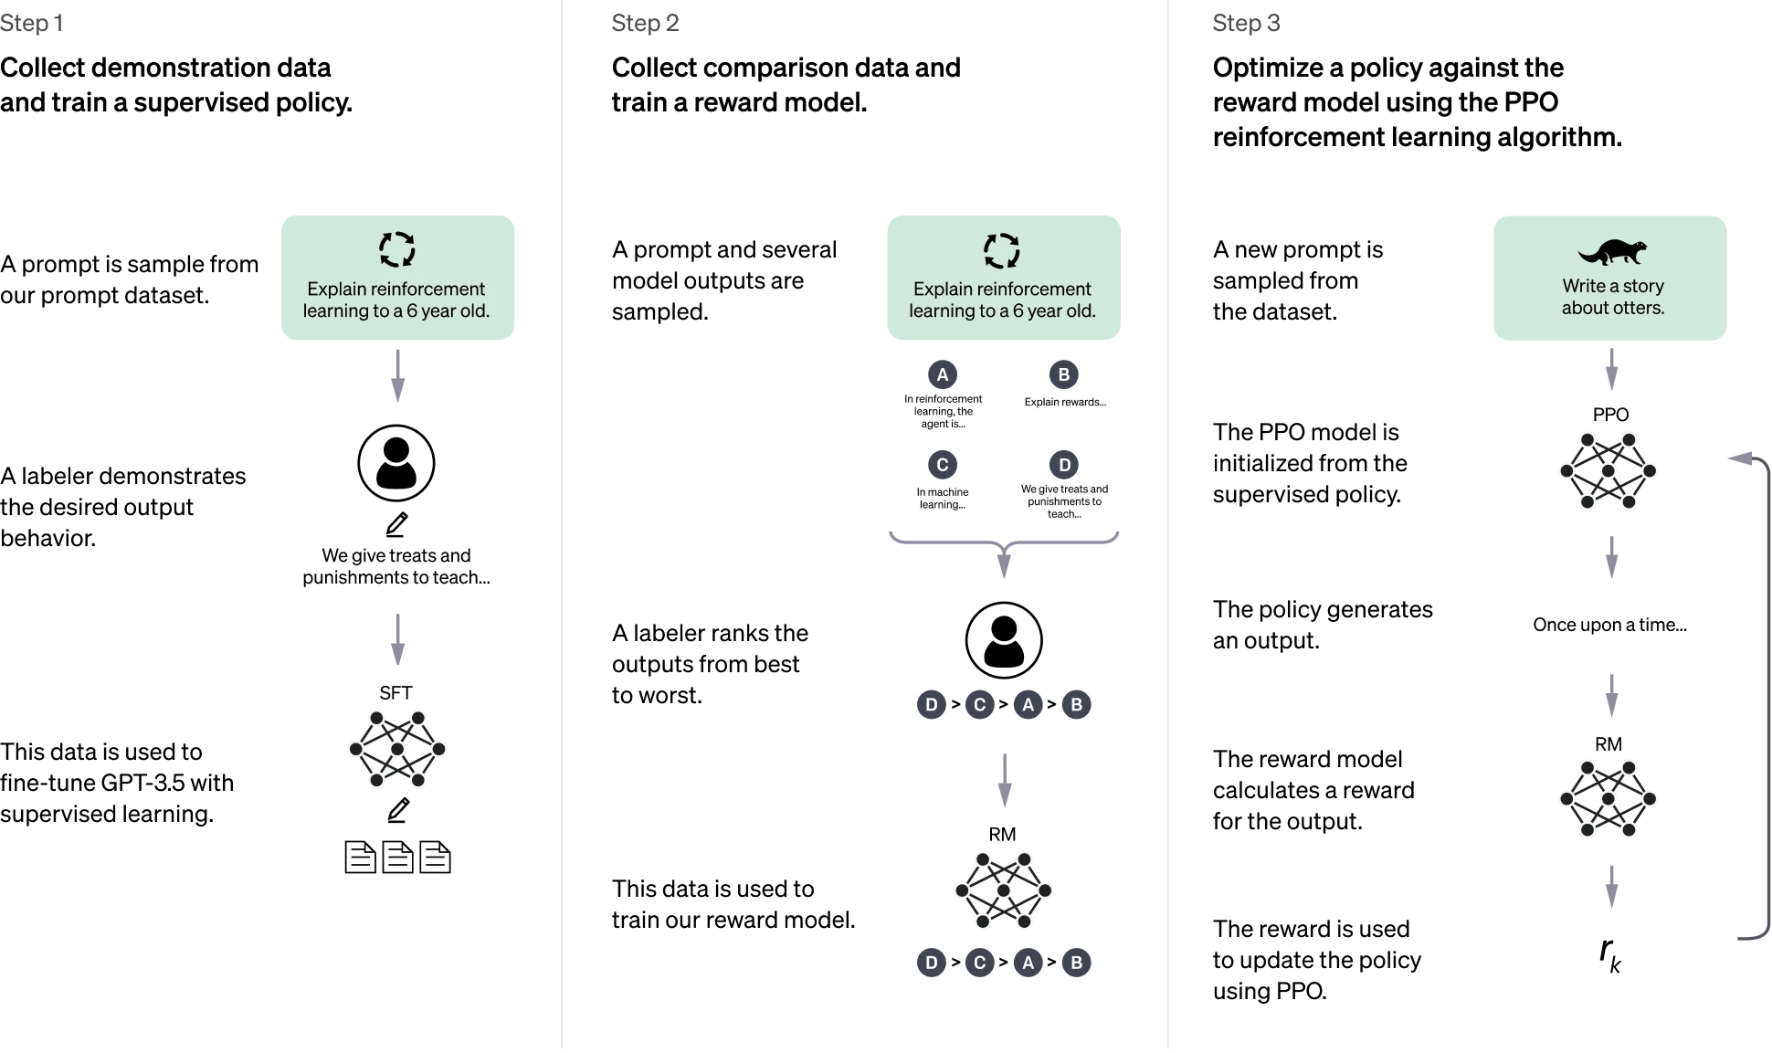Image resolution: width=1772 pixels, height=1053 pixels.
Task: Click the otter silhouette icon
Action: (x=1612, y=251)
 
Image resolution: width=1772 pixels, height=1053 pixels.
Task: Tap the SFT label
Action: (x=396, y=693)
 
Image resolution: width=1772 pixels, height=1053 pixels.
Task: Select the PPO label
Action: (x=1610, y=415)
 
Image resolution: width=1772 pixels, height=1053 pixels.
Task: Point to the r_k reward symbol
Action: (x=1609, y=954)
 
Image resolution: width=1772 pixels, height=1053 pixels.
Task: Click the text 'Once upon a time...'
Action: (x=1609, y=625)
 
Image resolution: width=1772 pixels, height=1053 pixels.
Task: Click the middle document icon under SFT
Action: (x=397, y=857)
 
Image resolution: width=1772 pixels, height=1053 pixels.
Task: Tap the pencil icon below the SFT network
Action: (x=398, y=810)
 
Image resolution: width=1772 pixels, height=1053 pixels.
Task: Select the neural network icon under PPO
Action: (x=1609, y=471)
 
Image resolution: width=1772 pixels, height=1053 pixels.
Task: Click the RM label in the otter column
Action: (x=1609, y=744)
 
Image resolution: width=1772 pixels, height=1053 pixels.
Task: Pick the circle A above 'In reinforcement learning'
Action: (x=943, y=374)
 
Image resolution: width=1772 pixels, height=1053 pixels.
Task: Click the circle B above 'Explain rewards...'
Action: (x=1064, y=374)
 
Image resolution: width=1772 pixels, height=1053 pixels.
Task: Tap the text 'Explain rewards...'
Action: (x=1065, y=402)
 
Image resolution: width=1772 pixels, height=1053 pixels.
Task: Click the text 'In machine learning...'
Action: (x=943, y=498)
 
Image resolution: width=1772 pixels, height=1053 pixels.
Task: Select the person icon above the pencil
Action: (x=396, y=463)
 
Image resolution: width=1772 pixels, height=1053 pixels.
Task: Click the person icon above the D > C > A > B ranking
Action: (x=1004, y=640)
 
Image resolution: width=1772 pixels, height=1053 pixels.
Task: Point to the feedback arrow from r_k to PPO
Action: (x=1763, y=694)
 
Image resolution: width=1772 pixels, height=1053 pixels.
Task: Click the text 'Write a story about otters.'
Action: (x=1612, y=297)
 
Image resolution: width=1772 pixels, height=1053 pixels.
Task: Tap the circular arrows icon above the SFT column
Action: (x=397, y=249)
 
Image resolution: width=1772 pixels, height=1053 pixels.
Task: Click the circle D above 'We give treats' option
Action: (x=1064, y=465)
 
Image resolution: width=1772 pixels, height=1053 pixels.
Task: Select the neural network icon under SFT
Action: (x=397, y=749)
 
